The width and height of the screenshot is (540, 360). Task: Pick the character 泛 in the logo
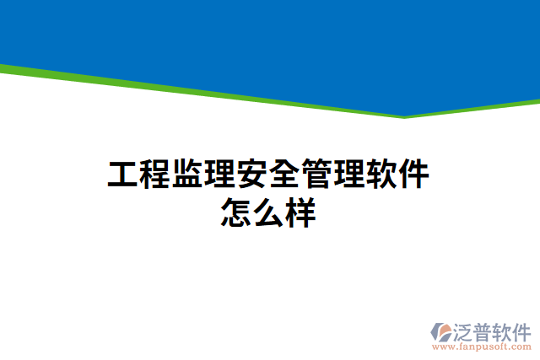point(467,330)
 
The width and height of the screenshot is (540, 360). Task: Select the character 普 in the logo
point(487,330)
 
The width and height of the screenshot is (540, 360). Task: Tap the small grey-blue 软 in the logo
point(506,330)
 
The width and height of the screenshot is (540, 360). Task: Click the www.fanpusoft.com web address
point(482,346)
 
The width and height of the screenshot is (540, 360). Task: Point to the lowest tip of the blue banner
point(404,116)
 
